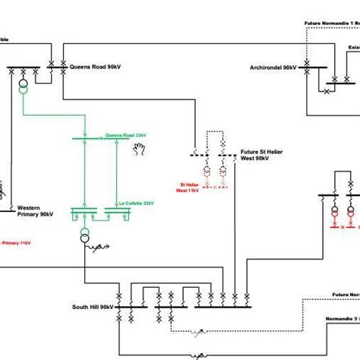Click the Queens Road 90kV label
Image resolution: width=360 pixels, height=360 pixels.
point(95,67)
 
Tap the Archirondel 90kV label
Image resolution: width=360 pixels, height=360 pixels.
point(273,68)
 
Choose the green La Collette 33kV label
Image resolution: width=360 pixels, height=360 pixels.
point(137,204)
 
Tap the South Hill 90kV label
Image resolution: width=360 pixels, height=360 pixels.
point(93,307)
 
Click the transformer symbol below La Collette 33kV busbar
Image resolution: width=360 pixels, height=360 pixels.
point(84,235)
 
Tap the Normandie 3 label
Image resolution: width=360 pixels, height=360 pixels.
point(341,317)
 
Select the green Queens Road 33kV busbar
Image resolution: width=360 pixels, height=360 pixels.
point(99,139)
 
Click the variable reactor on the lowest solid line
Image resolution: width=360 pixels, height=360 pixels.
point(200,354)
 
